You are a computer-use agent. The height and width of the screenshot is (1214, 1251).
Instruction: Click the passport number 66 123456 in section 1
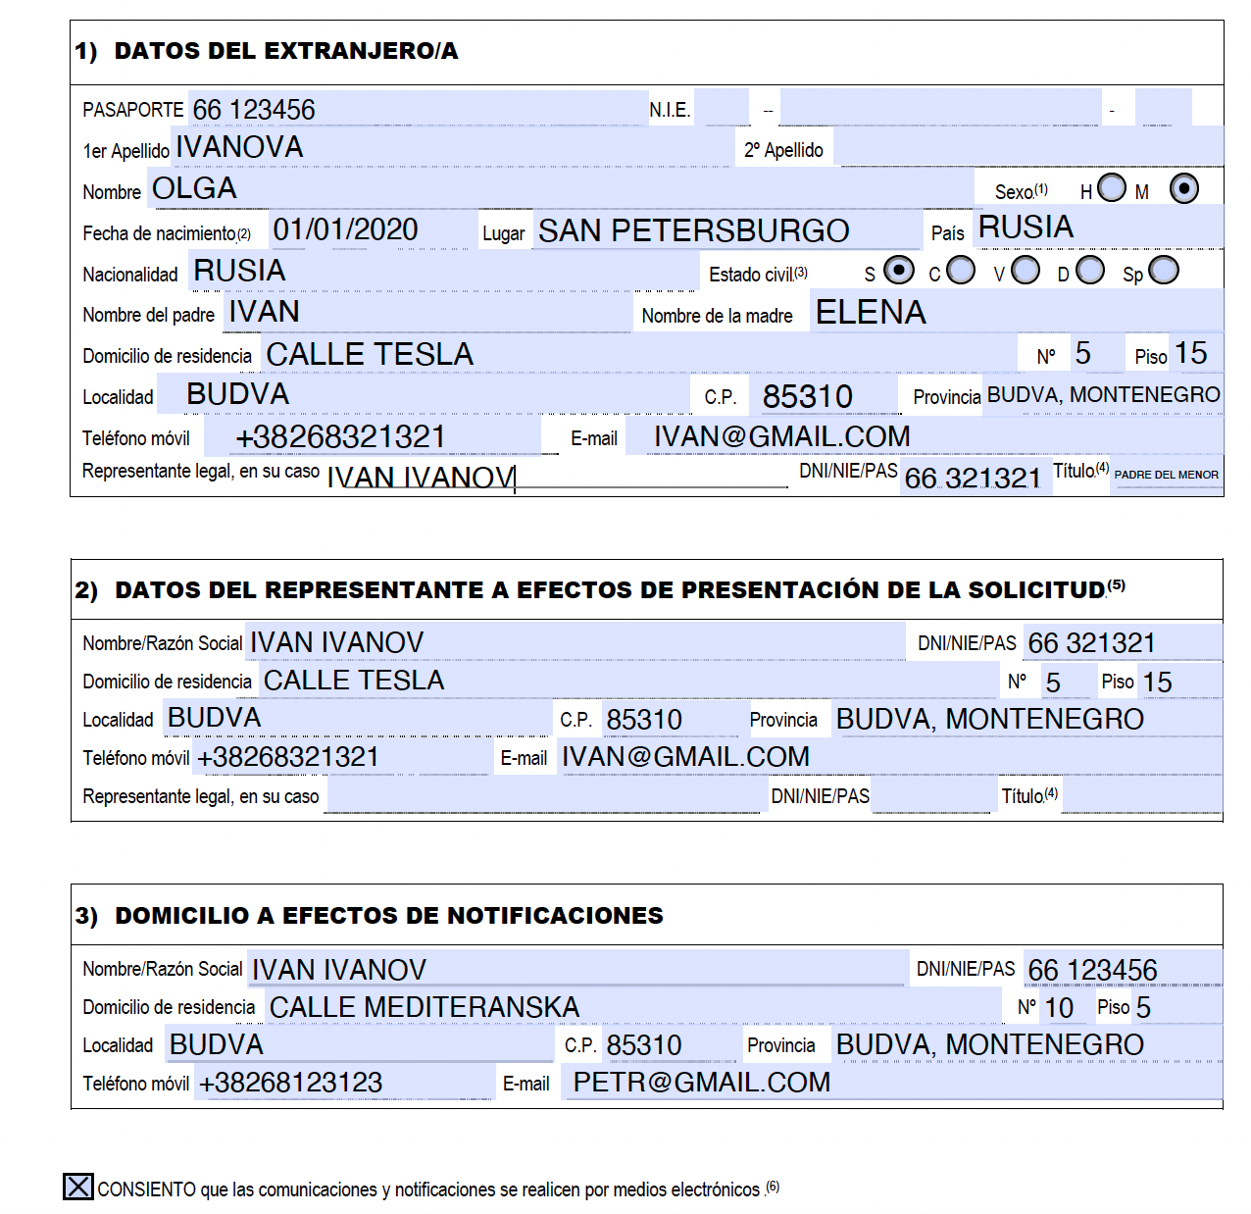click(x=254, y=110)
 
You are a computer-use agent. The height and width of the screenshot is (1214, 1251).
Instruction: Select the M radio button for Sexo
click(x=1183, y=188)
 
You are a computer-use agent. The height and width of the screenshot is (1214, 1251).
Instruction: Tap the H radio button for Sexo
click(x=1112, y=187)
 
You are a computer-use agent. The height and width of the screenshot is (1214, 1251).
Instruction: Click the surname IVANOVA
click(x=240, y=147)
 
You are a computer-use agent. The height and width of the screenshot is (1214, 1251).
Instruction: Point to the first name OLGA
click(x=194, y=188)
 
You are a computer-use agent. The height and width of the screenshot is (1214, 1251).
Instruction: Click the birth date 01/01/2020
click(x=345, y=229)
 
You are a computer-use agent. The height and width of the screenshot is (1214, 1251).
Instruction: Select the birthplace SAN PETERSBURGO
click(x=693, y=230)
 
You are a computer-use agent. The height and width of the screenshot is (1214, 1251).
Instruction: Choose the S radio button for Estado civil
click(x=898, y=270)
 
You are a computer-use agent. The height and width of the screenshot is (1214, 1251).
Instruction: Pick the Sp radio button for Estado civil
click(x=1164, y=270)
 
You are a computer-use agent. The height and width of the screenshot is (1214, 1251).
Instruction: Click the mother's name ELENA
click(x=871, y=312)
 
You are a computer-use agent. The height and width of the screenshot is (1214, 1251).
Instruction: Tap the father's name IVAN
click(x=264, y=312)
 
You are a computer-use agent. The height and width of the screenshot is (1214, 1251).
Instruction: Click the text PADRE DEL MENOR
click(x=1166, y=475)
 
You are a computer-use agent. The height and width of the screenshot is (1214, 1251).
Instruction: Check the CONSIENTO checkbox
click(x=78, y=1187)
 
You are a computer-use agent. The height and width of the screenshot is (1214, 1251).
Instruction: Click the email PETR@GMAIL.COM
click(x=701, y=1083)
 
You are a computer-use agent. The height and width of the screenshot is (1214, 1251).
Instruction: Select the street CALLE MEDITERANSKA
click(x=425, y=1007)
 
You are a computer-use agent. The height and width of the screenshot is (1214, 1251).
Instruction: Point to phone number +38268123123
click(x=290, y=1083)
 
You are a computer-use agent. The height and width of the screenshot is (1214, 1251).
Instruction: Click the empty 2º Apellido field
click(x=1029, y=148)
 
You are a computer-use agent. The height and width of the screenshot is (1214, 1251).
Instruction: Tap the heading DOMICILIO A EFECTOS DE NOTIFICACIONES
click(x=388, y=916)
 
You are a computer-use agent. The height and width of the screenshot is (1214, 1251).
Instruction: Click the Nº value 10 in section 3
click(x=1059, y=1008)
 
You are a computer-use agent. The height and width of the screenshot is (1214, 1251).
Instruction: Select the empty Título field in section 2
click(x=1140, y=796)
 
